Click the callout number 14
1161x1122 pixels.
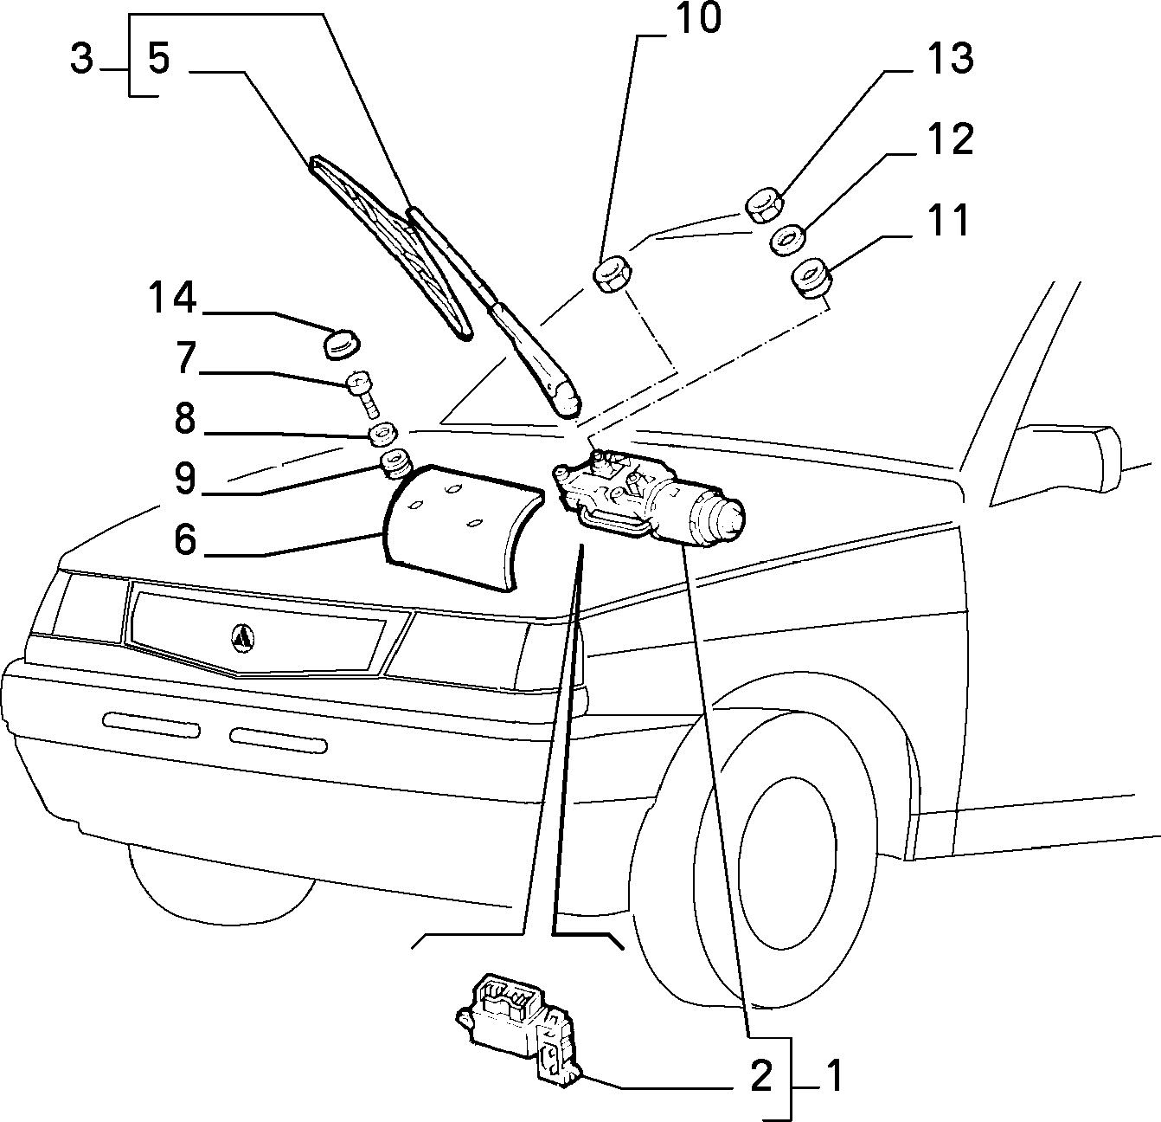(x=172, y=298)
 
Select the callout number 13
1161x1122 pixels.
(x=950, y=59)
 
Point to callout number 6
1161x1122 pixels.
(x=185, y=539)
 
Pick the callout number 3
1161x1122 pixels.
(x=82, y=59)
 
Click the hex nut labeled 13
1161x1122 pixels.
(x=764, y=206)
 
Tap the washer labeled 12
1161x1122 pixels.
(x=787, y=240)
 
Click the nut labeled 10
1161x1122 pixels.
(x=613, y=274)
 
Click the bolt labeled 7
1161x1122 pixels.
(x=362, y=393)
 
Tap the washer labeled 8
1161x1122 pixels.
(x=384, y=435)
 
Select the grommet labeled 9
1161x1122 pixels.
(x=395, y=466)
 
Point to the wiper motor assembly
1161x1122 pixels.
(x=649, y=499)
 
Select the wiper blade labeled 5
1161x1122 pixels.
(x=391, y=248)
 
